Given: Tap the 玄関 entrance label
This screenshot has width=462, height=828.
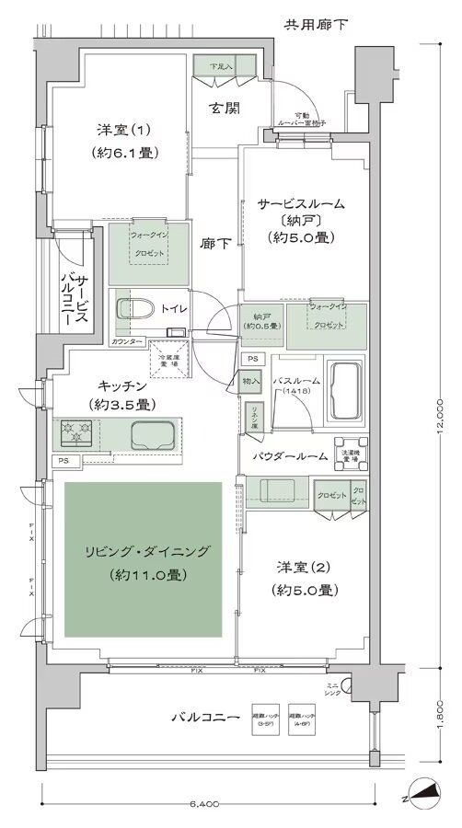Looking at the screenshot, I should [x=224, y=109].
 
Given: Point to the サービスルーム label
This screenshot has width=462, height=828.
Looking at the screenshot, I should [x=288, y=203].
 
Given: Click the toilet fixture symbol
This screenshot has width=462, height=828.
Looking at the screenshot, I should [x=133, y=308].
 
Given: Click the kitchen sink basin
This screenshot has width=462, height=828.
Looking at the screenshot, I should [x=153, y=432].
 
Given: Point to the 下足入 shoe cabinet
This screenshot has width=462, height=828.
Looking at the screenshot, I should [x=219, y=66].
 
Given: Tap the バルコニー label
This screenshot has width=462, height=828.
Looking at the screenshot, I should [x=206, y=717].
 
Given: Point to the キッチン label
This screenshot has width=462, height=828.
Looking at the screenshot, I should [x=111, y=386].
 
